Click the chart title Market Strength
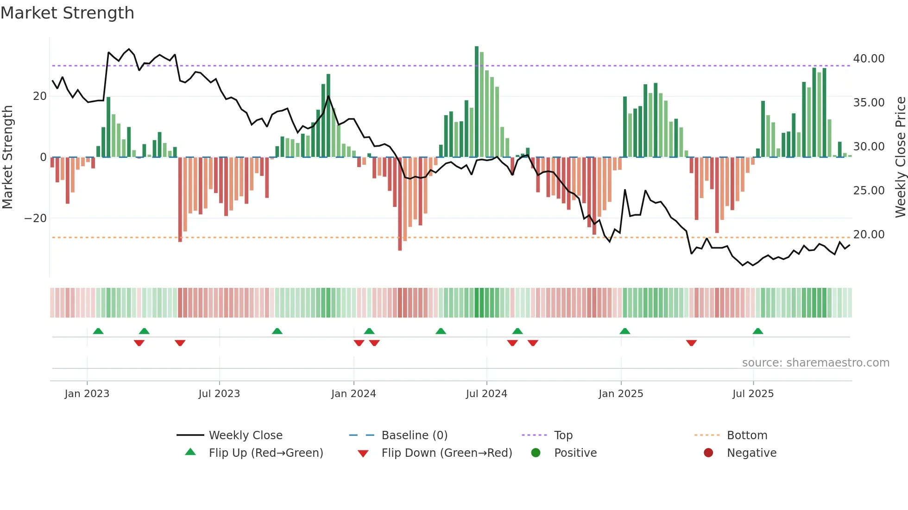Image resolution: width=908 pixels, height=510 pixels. click(67, 13)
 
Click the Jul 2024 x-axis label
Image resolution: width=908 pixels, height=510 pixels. click(486, 393)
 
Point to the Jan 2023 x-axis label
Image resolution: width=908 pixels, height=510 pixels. click(87, 393)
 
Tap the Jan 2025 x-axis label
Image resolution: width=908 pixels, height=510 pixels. click(621, 393)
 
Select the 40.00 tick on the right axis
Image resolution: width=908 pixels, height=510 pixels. click(869, 59)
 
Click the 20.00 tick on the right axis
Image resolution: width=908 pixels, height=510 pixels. click(869, 235)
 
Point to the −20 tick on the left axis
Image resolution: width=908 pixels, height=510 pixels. click(36, 218)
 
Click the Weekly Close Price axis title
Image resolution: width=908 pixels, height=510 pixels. click(900, 157)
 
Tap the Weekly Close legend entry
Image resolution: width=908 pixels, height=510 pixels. click(245, 435)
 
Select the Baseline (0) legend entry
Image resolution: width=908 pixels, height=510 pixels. click(414, 435)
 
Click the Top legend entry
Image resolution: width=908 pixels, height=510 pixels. click(563, 435)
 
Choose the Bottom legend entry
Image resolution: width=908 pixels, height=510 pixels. click(747, 435)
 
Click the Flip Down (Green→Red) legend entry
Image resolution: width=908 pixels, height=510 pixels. click(446, 453)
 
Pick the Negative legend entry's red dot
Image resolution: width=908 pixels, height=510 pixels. click(708, 453)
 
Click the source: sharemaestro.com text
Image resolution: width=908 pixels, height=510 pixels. click(815, 362)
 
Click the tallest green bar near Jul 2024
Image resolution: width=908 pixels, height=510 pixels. click(477, 102)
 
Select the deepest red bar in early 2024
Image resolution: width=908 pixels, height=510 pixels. click(400, 204)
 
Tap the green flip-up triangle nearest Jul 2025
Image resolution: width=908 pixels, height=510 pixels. click(758, 331)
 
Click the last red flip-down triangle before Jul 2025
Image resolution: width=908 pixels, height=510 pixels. click(691, 343)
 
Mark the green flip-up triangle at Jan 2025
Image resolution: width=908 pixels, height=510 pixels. click(625, 331)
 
